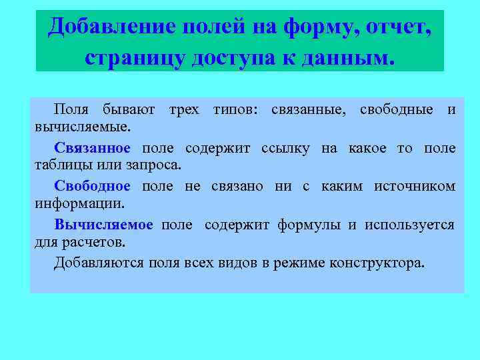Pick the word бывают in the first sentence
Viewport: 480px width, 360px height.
[129, 109]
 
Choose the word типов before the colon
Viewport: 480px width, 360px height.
[235, 109]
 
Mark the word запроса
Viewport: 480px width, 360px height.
[157, 164]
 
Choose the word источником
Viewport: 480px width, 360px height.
[415, 186]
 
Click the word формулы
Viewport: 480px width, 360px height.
[307, 225]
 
